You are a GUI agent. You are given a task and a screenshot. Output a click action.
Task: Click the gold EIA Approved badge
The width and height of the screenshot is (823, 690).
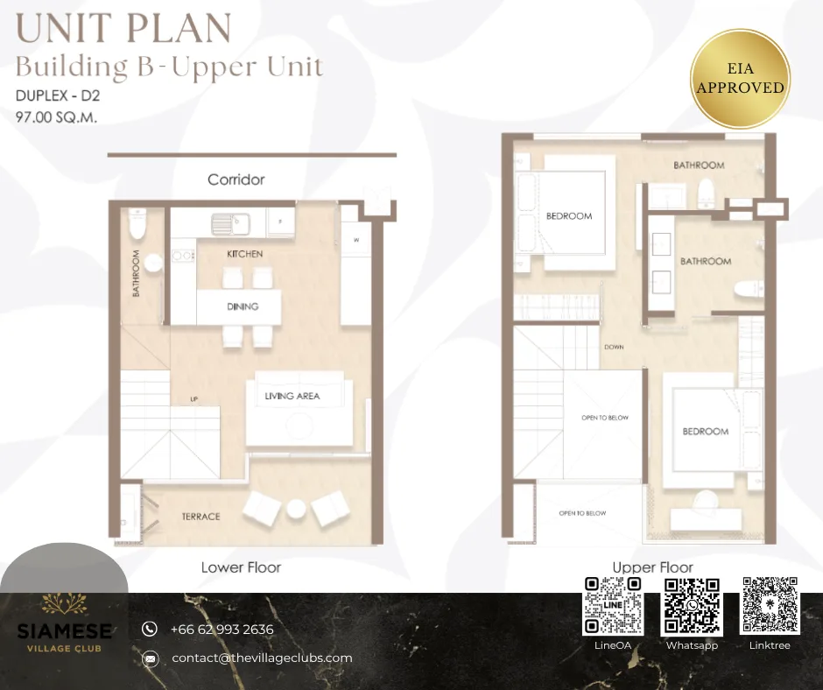point(740,79)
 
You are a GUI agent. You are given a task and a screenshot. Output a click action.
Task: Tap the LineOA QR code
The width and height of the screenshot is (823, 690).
point(613,605)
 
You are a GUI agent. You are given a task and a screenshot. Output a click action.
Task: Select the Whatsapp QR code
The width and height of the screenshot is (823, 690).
point(692,605)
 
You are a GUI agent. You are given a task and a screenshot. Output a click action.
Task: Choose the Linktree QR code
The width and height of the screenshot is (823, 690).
point(770,605)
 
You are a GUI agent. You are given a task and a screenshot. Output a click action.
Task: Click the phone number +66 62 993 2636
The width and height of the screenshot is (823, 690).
point(222,629)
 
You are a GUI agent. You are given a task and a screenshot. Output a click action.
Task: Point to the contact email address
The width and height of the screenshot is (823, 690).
point(262,658)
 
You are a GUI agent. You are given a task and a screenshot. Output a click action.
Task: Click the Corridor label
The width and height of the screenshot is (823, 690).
point(236,180)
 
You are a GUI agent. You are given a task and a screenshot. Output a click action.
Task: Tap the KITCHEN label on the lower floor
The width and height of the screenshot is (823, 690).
point(244,254)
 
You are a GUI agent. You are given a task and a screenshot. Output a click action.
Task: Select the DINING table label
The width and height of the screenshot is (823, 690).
point(243,306)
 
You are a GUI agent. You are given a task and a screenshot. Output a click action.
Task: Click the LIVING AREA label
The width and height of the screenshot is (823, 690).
point(292,397)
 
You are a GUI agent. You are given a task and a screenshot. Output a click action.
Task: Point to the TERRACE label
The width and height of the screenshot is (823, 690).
point(201,517)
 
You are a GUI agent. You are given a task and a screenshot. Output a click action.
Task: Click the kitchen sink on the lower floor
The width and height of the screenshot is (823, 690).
point(231,224)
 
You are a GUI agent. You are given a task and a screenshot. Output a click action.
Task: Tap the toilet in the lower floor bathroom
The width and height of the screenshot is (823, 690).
point(137,222)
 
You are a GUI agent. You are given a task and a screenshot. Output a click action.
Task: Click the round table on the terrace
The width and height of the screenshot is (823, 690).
point(296,509)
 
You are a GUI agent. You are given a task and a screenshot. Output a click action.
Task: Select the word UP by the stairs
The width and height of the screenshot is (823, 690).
point(194,399)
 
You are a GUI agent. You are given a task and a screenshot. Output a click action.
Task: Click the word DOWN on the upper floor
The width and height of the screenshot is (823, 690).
point(614,347)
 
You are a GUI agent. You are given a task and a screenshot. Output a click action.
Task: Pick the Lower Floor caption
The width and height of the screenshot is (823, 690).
point(242,567)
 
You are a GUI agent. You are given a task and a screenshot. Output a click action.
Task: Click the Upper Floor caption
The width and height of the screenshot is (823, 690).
point(653,567)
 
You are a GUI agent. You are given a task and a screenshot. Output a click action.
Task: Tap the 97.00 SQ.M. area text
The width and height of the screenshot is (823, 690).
point(57,117)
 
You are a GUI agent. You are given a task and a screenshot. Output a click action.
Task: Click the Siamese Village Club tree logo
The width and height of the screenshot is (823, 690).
point(64,603)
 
